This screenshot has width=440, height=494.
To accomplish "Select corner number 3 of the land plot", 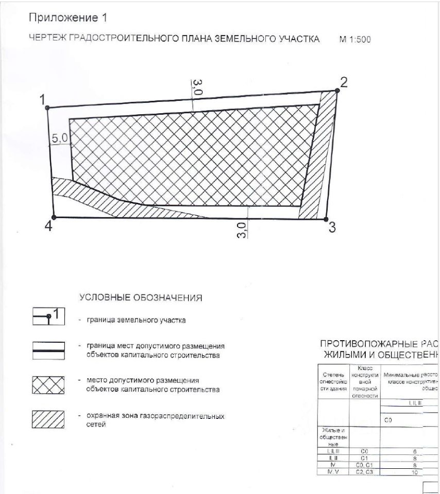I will pyautogui.click(x=332, y=227).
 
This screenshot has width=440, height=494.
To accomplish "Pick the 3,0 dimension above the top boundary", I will pyautogui.click(x=198, y=87).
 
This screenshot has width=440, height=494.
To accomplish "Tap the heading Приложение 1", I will pyautogui.click(x=67, y=19).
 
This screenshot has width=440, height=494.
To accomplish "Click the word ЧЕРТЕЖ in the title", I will pyautogui.click(x=49, y=39).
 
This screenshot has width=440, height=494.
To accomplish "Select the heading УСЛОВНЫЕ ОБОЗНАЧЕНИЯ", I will pyautogui.click(x=141, y=297).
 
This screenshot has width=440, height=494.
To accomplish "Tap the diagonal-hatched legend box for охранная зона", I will pyautogui.click(x=48, y=420).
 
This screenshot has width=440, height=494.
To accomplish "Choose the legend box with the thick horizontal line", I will pyautogui.click(x=48, y=350).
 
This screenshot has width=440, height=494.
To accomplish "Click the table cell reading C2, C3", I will pyautogui.click(x=364, y=471).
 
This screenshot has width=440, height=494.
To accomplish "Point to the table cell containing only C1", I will pyautogui.click(x=364, y=457).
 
